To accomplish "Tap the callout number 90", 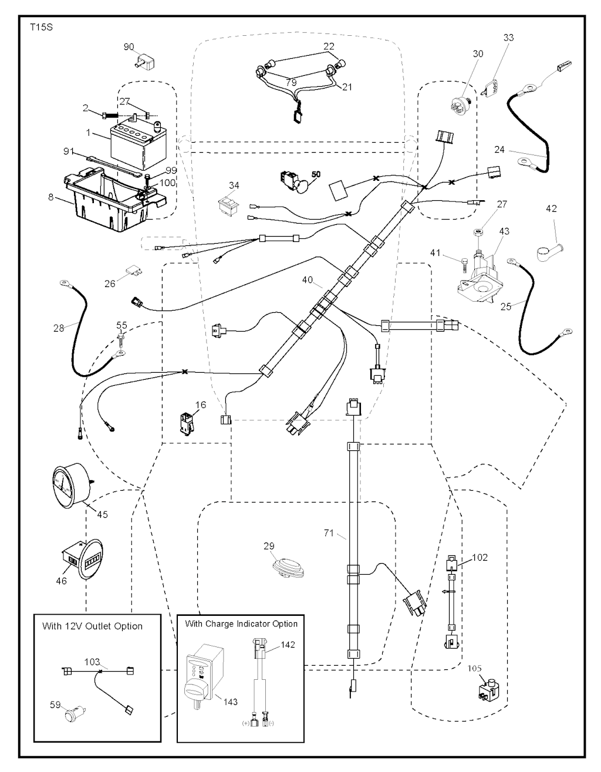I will point(129,46).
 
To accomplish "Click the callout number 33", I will point(508,38).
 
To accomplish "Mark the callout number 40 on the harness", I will point(308,280).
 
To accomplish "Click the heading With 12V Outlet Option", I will point(92,626).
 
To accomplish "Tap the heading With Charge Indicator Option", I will point(241,623).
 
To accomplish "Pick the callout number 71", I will point(329,533).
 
